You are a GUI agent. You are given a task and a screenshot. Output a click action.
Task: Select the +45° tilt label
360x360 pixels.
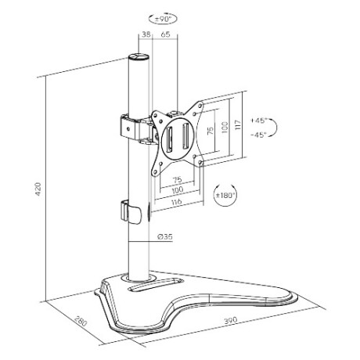tap(260, 121)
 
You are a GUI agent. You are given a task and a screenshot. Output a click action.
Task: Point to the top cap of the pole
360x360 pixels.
tap(138, 58)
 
